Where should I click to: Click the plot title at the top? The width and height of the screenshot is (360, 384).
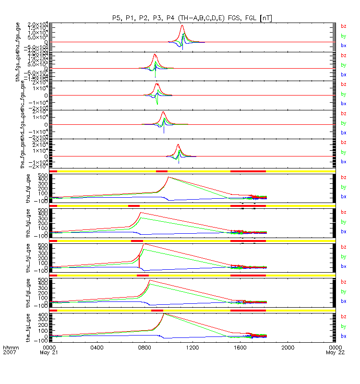coord(192,18)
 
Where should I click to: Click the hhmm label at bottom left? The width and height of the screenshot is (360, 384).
coord(10,347)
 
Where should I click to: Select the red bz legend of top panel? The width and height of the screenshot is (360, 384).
coord(343,26)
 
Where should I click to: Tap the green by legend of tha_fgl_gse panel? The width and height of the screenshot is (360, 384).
coord(343,187)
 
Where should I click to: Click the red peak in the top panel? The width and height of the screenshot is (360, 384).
coord(182,25)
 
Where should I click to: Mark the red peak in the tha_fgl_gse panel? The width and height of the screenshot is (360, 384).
coord(168,177)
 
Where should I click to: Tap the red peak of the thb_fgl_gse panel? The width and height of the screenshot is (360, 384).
coord(140,212)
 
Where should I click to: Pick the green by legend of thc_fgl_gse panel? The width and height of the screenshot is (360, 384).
coord(343,257)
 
